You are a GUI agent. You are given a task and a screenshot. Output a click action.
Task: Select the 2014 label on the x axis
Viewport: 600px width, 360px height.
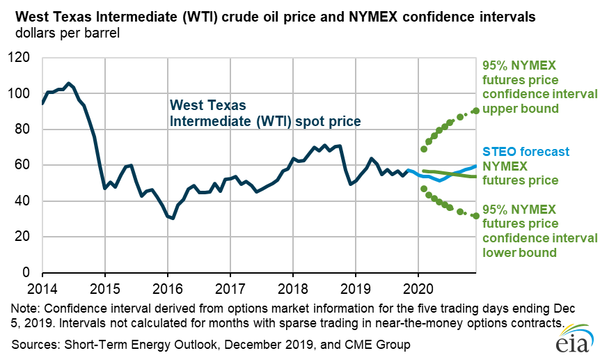(x=42, y=286)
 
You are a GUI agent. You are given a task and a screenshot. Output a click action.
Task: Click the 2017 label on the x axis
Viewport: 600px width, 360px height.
(x=230, y=286)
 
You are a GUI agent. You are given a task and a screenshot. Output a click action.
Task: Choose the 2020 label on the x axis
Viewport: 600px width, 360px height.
(x=418, y=286)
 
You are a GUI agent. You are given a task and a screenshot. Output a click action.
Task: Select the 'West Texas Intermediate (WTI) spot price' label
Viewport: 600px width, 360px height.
(x=265, y=114)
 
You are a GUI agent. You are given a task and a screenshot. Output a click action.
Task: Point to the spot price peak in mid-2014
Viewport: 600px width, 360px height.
(x=68, y=83)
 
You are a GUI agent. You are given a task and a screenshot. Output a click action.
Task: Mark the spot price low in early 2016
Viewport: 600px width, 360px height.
(x=173, y=218)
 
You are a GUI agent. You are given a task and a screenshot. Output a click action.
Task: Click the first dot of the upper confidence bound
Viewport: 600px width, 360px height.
(x=423, y=149)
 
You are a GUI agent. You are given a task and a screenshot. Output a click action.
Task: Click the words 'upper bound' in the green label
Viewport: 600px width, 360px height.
(x=521, y=109)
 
